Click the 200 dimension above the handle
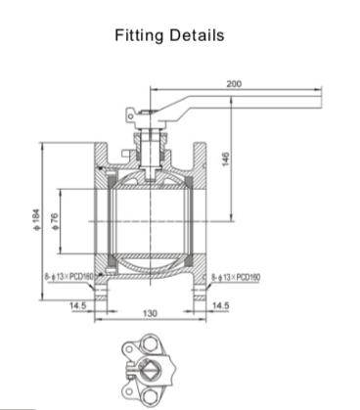[x=234, y=84]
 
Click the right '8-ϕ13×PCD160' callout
[x=236, y=278]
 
